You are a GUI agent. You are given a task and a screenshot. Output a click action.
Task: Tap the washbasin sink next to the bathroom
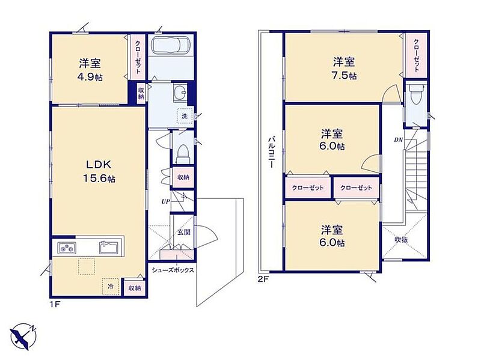[x=180, y=92]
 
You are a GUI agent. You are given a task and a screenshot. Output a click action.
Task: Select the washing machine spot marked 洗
[x=185, y=116]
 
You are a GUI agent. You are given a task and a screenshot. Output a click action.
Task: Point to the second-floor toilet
[x=416, y=94]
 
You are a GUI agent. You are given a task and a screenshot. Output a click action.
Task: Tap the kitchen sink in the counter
[x=108, y=248]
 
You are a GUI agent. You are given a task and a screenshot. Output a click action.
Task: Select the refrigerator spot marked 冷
[x=111, y=287]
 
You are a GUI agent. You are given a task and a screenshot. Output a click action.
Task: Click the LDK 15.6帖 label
[x=99, y=171]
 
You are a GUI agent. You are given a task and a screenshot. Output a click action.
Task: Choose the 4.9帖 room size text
[x=90, y=78]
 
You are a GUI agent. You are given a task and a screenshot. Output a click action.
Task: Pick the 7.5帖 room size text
[x=344, y=76]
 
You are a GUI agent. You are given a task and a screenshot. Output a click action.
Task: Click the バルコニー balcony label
[x=271, y=152]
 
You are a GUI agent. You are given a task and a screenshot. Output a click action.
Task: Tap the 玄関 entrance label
[x=184, y=232]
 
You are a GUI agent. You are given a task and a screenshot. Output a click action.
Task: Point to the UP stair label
[x=165, y=202]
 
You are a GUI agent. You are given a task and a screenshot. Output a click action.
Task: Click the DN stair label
[x=398, y=140]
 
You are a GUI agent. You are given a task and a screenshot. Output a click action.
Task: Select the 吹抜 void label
[x=401, y=240]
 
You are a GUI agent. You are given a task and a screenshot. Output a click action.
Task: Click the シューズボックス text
[x=173, y=270]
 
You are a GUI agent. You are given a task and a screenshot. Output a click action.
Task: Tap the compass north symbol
[x=23, y=337]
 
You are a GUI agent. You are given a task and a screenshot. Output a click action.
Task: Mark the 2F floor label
[x=263, y=279]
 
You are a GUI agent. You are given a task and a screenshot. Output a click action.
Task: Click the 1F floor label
[x=55, y=305]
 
